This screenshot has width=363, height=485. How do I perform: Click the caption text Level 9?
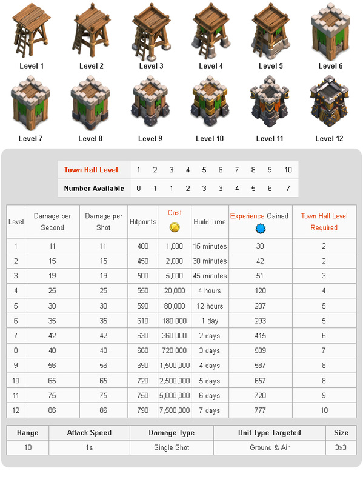point(150,138)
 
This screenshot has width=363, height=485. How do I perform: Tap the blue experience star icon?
point(261,228)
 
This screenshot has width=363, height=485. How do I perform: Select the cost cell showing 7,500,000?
point(175,410)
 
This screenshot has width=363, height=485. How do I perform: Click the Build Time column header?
point(210,222)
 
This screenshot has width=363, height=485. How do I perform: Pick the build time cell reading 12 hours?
point(210,306)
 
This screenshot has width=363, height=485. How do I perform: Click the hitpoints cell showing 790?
point(143,410)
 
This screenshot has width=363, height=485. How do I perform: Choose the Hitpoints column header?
point(143,222)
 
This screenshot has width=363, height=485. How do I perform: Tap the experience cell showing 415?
point(261,336)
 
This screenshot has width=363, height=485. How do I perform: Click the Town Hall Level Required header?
point(324,222)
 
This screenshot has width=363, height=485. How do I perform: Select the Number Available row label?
point(94,189)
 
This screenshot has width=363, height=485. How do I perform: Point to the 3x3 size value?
point(341,447)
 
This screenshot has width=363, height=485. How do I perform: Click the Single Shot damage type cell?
point(172,447)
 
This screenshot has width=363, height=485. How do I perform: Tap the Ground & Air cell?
point(270,447)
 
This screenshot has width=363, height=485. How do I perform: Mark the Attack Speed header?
point(89,433)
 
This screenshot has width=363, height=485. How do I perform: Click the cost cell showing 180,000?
point(175,321)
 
